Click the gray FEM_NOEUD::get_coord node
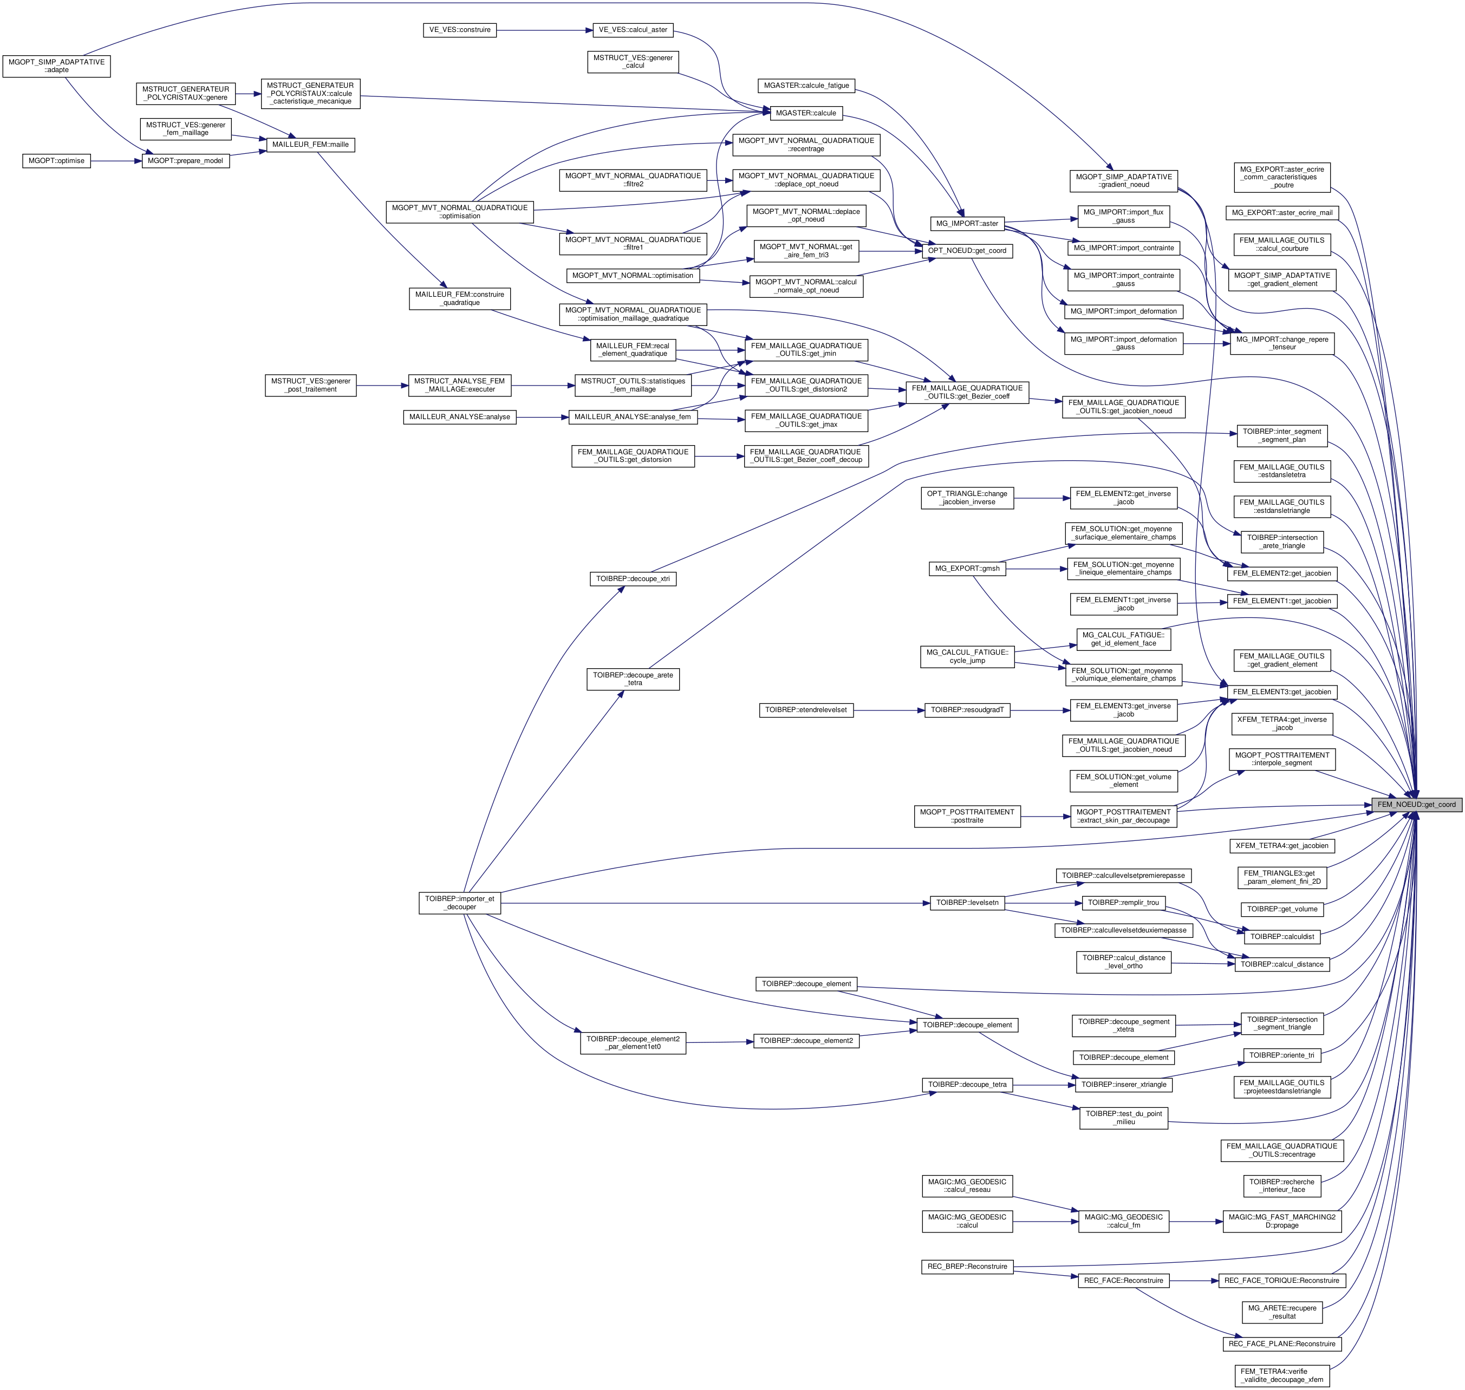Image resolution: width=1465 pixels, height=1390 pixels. (x=1415, y=804)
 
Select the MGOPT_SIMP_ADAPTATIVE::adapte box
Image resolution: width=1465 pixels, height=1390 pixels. (x=56, y=66)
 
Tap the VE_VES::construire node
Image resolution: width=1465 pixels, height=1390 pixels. (x=459, y=30)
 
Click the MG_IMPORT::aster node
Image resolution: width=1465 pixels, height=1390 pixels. (x=967, y=223)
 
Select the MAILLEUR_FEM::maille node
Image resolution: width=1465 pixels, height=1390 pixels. (x=310, y=145)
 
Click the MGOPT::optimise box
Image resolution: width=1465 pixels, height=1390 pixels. (x=56, y=161)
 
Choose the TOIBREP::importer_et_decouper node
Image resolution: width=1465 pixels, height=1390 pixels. (x=459, y=903)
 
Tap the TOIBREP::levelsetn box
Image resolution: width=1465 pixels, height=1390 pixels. (x=967, y=903)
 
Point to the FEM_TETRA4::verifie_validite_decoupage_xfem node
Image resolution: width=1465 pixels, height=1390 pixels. (x=1282, y=1375)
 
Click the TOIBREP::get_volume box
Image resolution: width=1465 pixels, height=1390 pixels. (x=1282, y=909)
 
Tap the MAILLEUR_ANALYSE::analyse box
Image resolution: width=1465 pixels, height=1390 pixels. (x=459, y=417)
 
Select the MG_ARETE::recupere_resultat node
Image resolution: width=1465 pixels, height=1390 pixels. (x=1282, y=1312)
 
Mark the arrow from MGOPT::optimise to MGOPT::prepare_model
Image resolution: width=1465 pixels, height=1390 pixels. (x=116, y=161)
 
